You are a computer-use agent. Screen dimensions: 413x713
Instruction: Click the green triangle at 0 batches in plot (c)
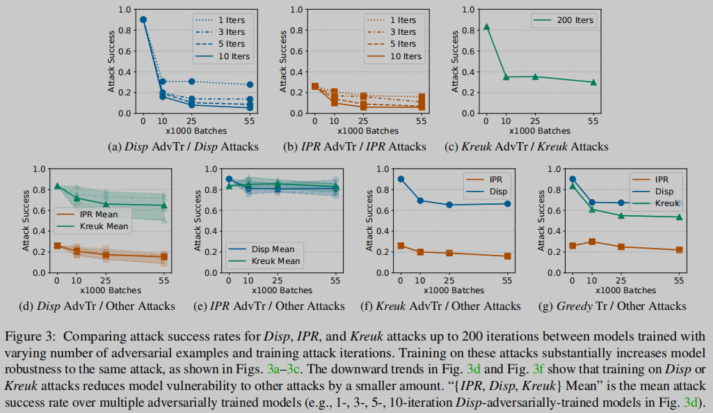pyautogui.click(x=486, y=26)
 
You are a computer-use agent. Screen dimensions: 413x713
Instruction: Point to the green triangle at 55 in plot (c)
pyautogui.click(x=593, y=81)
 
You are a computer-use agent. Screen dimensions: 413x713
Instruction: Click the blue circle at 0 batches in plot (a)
pyautogui.click(x=143, y=20)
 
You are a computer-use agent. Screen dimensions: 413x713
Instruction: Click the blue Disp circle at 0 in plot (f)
pyautogui.click(x=400, y=179)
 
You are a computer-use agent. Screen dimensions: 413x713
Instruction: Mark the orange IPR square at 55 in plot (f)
pyautogui.click(x=508, y=256)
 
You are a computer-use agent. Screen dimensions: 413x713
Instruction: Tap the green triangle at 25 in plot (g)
pyautogui.click(x=620, y=216)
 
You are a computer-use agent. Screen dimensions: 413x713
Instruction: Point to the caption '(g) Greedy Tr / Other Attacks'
pyautogui.click(x=613, y=306)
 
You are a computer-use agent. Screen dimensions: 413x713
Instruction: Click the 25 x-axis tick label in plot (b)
pyautogui.click(x=364, y=120)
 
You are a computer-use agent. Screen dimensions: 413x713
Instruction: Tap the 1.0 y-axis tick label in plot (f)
pyautogui.click(x=379, y=169)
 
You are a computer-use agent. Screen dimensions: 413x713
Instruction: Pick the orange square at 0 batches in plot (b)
pyautogui.click(x=314, y=86)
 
